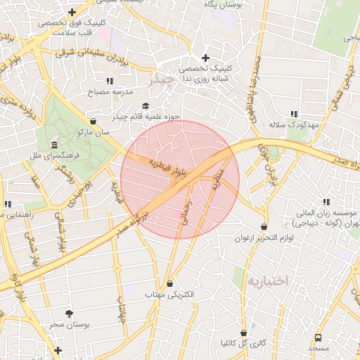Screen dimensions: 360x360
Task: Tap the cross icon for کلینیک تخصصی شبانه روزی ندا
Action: [205, 58]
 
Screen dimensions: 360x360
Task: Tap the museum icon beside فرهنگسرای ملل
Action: [55, 146]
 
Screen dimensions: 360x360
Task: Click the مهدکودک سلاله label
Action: [294, 124]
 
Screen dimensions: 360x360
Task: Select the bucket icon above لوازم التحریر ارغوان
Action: [264, 226]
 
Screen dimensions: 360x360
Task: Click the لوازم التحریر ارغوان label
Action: [264, 238]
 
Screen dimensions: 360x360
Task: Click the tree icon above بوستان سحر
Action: [68, 314]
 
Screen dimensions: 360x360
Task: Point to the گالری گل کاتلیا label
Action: [243, 344]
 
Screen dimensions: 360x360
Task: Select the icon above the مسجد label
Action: [318, 337]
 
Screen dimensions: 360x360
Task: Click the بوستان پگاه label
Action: [222, 5]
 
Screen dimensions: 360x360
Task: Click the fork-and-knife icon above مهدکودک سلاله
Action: [294, 113]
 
